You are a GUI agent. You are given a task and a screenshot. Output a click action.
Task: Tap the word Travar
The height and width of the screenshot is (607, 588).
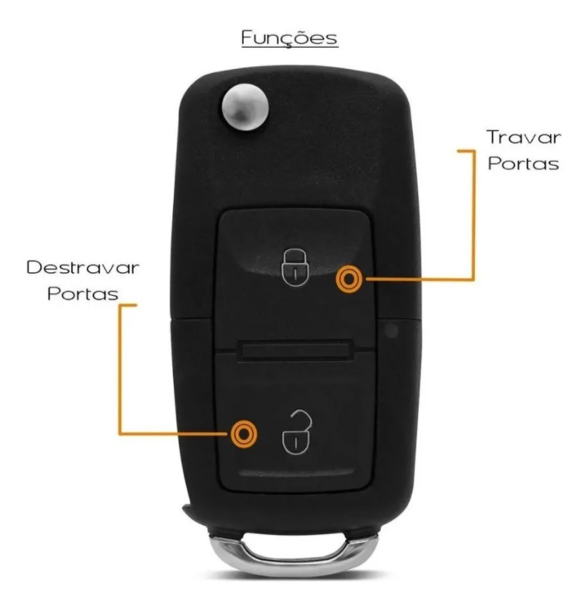click(524, 138)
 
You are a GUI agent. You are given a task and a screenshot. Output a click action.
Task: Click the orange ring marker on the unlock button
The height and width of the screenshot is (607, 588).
click(244, 433)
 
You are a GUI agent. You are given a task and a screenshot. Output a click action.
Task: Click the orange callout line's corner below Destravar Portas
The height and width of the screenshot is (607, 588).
click(119, 433)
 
